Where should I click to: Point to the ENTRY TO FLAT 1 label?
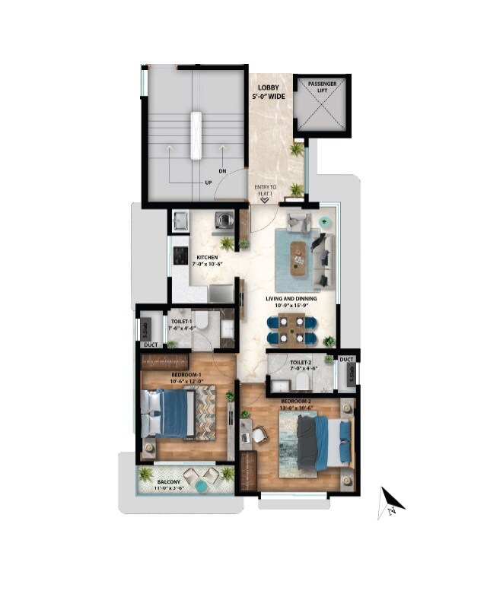point(268,189)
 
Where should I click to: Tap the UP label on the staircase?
point(208,183)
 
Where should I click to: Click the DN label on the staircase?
point(222,171)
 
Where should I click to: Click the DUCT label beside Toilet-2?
point(347,359)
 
